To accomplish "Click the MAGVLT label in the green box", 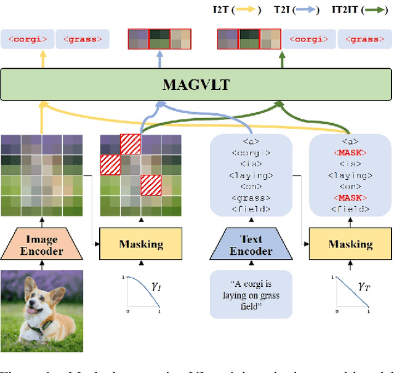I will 196,84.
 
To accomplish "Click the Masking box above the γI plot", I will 142,244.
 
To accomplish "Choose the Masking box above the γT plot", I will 350,244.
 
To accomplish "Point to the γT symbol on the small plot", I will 363,285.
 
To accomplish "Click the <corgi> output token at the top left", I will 27,39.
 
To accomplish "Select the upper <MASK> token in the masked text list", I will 350,152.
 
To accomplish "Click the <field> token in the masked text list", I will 350,209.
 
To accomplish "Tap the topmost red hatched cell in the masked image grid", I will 130,144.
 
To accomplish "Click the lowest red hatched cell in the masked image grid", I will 151,184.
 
